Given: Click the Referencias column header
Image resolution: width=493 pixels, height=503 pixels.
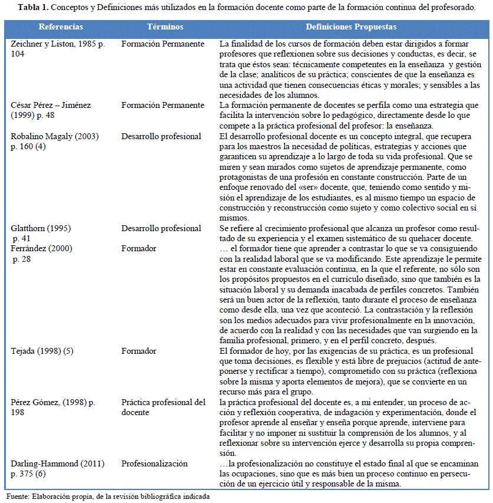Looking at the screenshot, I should (x=61, y=27).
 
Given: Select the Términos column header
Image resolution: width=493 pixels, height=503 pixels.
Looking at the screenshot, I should (x=165, y=27).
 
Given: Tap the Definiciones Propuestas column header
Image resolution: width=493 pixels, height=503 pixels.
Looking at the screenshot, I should (x=350, y=27).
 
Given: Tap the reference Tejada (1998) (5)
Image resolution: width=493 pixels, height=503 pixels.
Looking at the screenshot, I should (x=43, y=351).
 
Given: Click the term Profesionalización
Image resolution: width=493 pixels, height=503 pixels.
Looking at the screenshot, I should (x=154, y=463).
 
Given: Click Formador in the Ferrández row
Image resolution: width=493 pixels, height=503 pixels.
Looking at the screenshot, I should (x=139, y=248).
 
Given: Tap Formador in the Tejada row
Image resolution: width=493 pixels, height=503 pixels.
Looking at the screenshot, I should (x=139, y=351).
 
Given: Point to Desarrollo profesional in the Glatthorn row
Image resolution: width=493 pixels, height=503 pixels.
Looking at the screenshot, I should (x=161, y=228).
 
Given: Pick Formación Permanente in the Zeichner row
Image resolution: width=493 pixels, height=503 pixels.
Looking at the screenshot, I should (x=163, y=44).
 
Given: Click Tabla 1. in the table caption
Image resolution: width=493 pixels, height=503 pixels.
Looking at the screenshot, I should (x=33, y=7).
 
